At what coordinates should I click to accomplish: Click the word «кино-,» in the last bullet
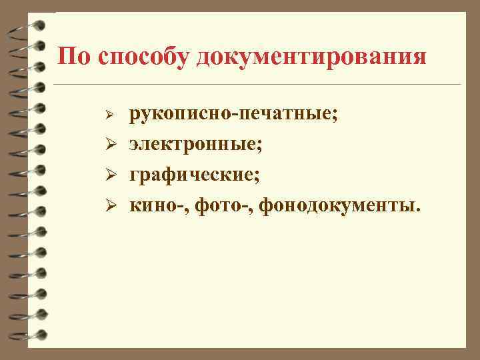point(155,205)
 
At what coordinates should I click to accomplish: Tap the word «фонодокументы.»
point(340,205)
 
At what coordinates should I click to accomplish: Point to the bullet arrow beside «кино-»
point(113,207)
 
